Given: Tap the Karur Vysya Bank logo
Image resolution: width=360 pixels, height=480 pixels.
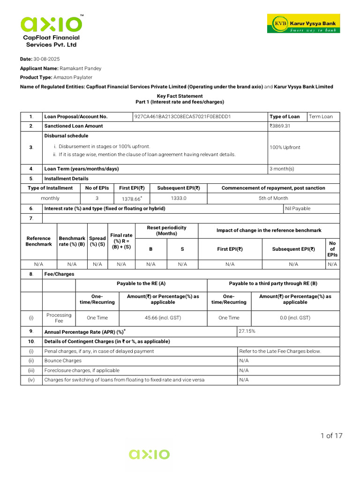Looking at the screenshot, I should (303, 23).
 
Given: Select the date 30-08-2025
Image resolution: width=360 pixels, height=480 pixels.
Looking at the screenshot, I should (46, 59).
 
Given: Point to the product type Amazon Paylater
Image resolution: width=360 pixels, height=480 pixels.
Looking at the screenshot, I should (73, 77).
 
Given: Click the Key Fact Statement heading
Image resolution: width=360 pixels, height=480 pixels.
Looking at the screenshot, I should (180, 96).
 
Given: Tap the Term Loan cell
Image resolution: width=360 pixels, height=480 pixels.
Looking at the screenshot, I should (321, 117).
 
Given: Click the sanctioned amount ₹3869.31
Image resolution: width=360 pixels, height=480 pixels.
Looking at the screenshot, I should (280, 126).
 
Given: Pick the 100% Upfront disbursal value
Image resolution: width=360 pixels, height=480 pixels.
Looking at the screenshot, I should (285, 147).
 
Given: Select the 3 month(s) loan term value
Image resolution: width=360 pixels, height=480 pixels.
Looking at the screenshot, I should (281, 169).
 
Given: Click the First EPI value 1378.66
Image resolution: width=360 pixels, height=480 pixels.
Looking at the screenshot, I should (131, 199).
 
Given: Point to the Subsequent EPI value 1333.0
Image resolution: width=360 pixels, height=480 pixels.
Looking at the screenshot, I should (178, 198).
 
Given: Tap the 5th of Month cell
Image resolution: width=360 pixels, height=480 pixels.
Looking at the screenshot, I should (273, 198).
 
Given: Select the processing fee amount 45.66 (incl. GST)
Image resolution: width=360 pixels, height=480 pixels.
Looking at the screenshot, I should (163, 318).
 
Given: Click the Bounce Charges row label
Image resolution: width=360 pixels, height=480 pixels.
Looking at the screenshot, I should (63, 360).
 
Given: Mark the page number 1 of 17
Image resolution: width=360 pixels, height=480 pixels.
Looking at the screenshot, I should (331, 436).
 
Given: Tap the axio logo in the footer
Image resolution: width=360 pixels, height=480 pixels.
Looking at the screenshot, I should (150, 454).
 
